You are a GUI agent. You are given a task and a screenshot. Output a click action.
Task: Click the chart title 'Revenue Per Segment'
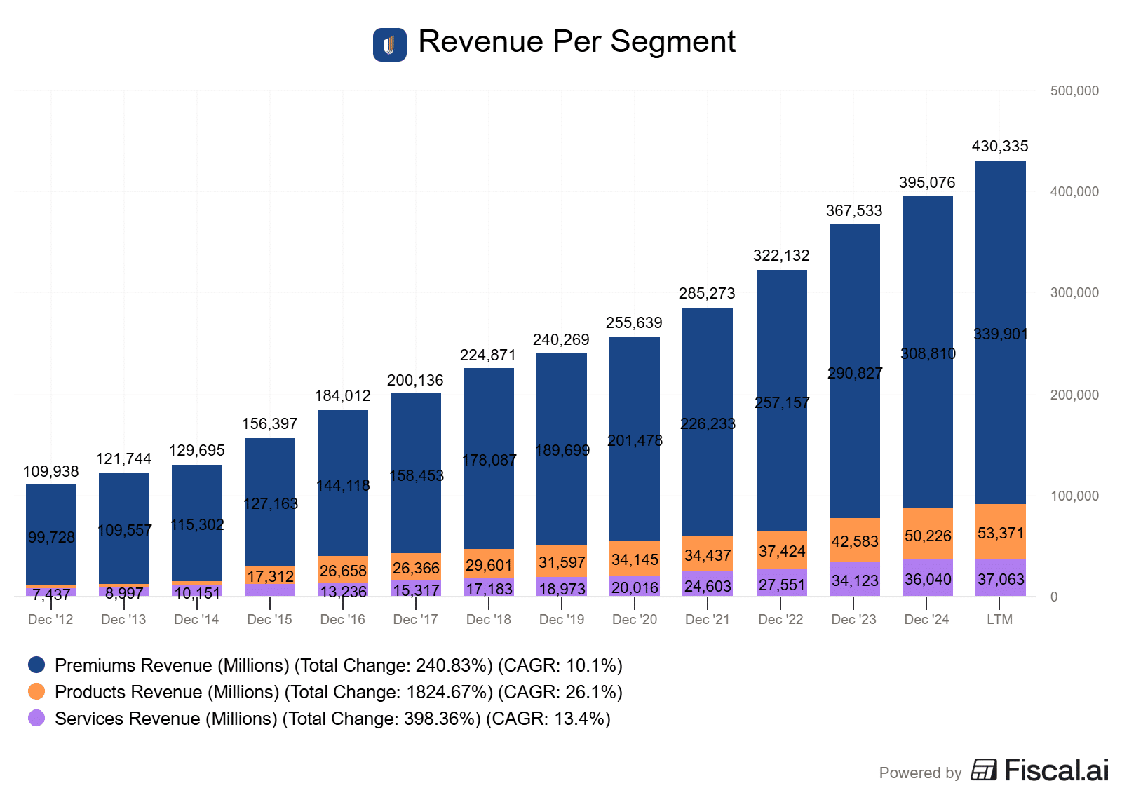(x=576, y=42)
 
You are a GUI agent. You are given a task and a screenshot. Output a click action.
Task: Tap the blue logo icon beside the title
(x=389, y=45)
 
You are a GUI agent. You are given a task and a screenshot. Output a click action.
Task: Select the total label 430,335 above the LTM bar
(x=999, y=147)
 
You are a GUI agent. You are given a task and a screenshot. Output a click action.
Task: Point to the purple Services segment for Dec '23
(x=854, y=579)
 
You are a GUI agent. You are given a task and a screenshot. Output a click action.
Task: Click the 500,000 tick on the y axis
(x=1074, y=91)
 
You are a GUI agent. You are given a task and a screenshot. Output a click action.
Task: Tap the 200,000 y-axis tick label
(x=1074, y=395)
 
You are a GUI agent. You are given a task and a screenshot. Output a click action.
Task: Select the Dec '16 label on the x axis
(x=342, y=620)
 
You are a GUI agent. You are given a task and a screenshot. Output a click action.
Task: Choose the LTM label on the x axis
(x=999, y=620)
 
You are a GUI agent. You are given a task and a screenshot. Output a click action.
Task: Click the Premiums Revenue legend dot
(x=36, y=665)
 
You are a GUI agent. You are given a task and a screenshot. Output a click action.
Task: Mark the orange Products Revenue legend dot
(x=36, y=691)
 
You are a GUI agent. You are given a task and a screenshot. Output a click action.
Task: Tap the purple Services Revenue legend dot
(x=36, y=718)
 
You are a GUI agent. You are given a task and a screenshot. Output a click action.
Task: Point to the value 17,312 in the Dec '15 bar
(x=270, y=576)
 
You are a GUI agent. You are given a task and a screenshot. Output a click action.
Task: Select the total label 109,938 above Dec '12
(x=50, y=472)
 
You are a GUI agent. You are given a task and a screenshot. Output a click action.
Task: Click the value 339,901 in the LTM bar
(x=1000, y=334)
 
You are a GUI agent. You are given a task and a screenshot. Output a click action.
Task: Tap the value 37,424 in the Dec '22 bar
(x=781, y=551)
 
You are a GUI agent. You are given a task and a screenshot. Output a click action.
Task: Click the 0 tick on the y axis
(x=1053, y=597)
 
